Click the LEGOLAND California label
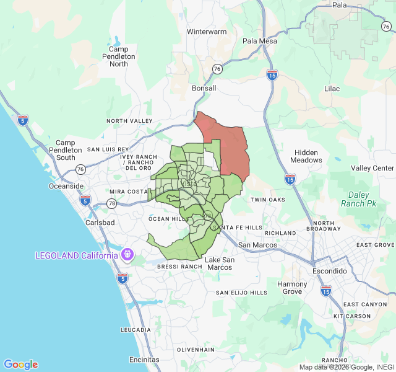click(x=76, y=255)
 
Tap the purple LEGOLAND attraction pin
click(x=128, y=254)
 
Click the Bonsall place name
click(x=204, y=88)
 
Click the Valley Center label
click(x=372, y=169)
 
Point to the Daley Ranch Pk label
click(x=358, y=198)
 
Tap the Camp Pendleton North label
click(x=119, y=56)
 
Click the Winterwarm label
click(x=207, y=31)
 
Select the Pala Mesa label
click(x=260, y=41)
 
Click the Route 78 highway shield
click(x=112, y=203)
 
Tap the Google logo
click(x=20, y=365)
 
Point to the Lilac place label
click(x=332, y=89)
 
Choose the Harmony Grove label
click(x=292, y=288)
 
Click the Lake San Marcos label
click(x=220, y=263)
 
